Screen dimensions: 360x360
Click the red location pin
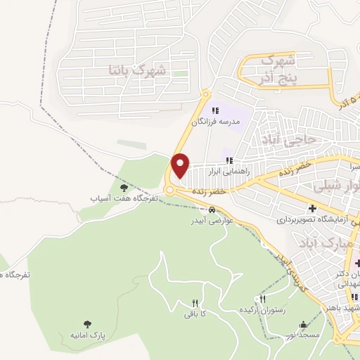(181, 165)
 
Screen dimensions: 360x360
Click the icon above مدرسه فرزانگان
(216, 110)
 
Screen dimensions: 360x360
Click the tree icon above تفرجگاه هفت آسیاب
(124, 187)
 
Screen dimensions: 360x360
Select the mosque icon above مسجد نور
(303, 324)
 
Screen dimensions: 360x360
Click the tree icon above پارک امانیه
(87, 324)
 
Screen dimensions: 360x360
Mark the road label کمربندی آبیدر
(291, 271)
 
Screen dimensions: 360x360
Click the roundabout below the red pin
(170, 189)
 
